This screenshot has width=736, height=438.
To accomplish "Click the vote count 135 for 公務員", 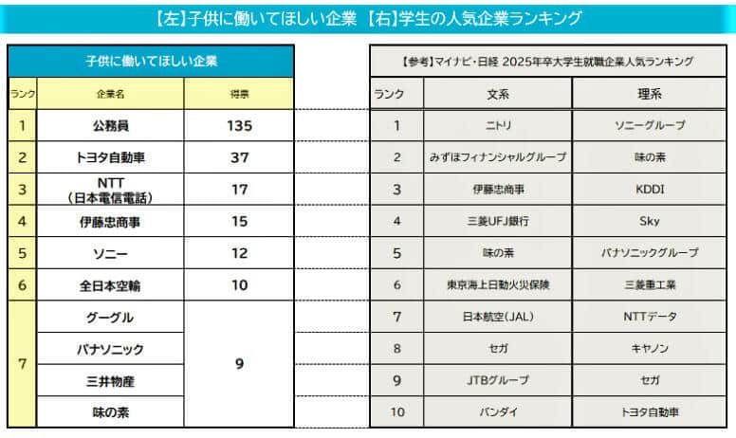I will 239,125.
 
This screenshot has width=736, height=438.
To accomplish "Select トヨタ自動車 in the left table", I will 110,157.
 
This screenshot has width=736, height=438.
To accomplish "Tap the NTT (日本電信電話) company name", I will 110,190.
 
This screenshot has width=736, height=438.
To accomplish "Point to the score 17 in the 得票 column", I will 239,190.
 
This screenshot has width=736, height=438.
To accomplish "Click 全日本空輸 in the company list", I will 110,284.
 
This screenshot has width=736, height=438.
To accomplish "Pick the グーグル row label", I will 110,317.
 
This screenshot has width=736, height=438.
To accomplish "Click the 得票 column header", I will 239,95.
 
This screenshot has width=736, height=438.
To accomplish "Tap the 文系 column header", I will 497,94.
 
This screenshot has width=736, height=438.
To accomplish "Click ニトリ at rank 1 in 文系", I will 497,125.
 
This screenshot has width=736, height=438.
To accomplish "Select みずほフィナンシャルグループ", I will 497,157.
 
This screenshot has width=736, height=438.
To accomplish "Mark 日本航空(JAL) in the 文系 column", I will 497,317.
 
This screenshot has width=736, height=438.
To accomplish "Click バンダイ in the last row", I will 497,412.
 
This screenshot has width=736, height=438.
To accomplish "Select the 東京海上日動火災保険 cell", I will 497,284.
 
